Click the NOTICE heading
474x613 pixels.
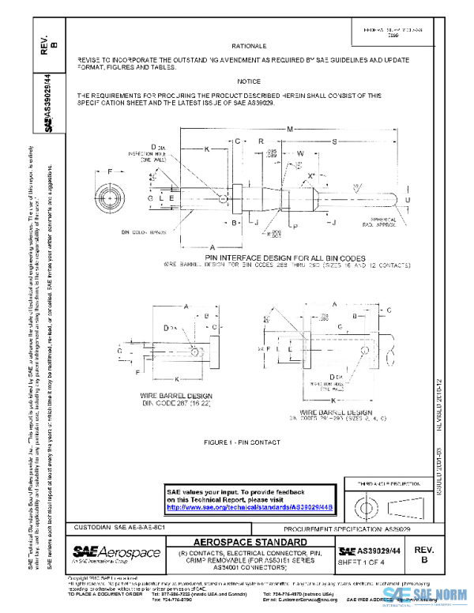[248, 81]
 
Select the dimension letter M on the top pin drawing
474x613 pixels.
[290, 128]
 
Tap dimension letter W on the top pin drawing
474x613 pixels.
[301, 155]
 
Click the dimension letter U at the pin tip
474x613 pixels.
[408, 201]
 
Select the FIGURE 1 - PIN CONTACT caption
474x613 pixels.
[237, 438]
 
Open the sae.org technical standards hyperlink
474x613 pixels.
[249, 508]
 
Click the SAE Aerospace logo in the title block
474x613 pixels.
[116, 551]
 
